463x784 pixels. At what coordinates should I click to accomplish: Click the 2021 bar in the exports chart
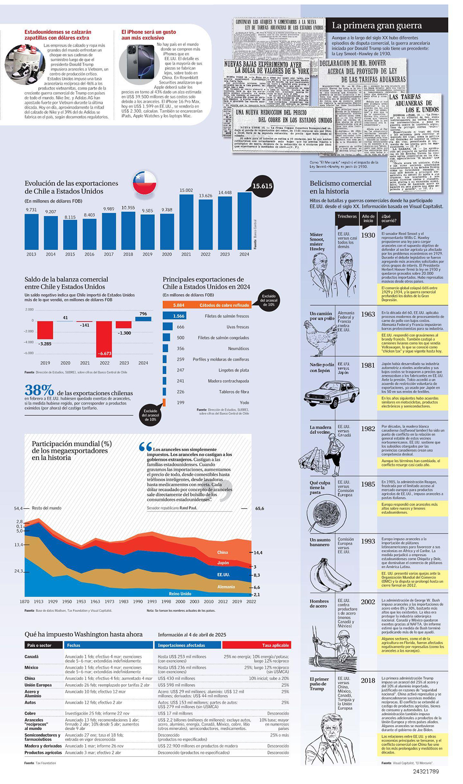tap(186, 222)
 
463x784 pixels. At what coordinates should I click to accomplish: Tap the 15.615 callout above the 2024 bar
tap(262, 186)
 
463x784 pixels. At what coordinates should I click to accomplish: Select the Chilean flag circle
tap(144, 183)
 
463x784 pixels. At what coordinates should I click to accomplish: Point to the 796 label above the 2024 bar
tap(143, 314)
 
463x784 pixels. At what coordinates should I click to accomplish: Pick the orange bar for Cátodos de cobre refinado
tap(206, 305)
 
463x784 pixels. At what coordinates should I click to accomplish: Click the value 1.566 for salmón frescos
tap(178, 316)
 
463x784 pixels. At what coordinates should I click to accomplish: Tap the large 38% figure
tap(39, 390)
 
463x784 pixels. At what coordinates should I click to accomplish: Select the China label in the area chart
tap(223, 552)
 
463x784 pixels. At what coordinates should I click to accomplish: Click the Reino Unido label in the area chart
tap(180, 594)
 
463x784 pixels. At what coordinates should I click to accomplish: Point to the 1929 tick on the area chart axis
tap(53, 602)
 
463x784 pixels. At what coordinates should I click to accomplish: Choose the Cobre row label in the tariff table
tap(30, 713)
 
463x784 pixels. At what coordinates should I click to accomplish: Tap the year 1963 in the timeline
tap(368, 314)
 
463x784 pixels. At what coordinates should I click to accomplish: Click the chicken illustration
tap(321, 337)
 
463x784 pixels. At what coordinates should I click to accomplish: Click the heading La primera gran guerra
tap(377, 25)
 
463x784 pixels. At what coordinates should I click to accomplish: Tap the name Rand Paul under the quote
tap(188, 508)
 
